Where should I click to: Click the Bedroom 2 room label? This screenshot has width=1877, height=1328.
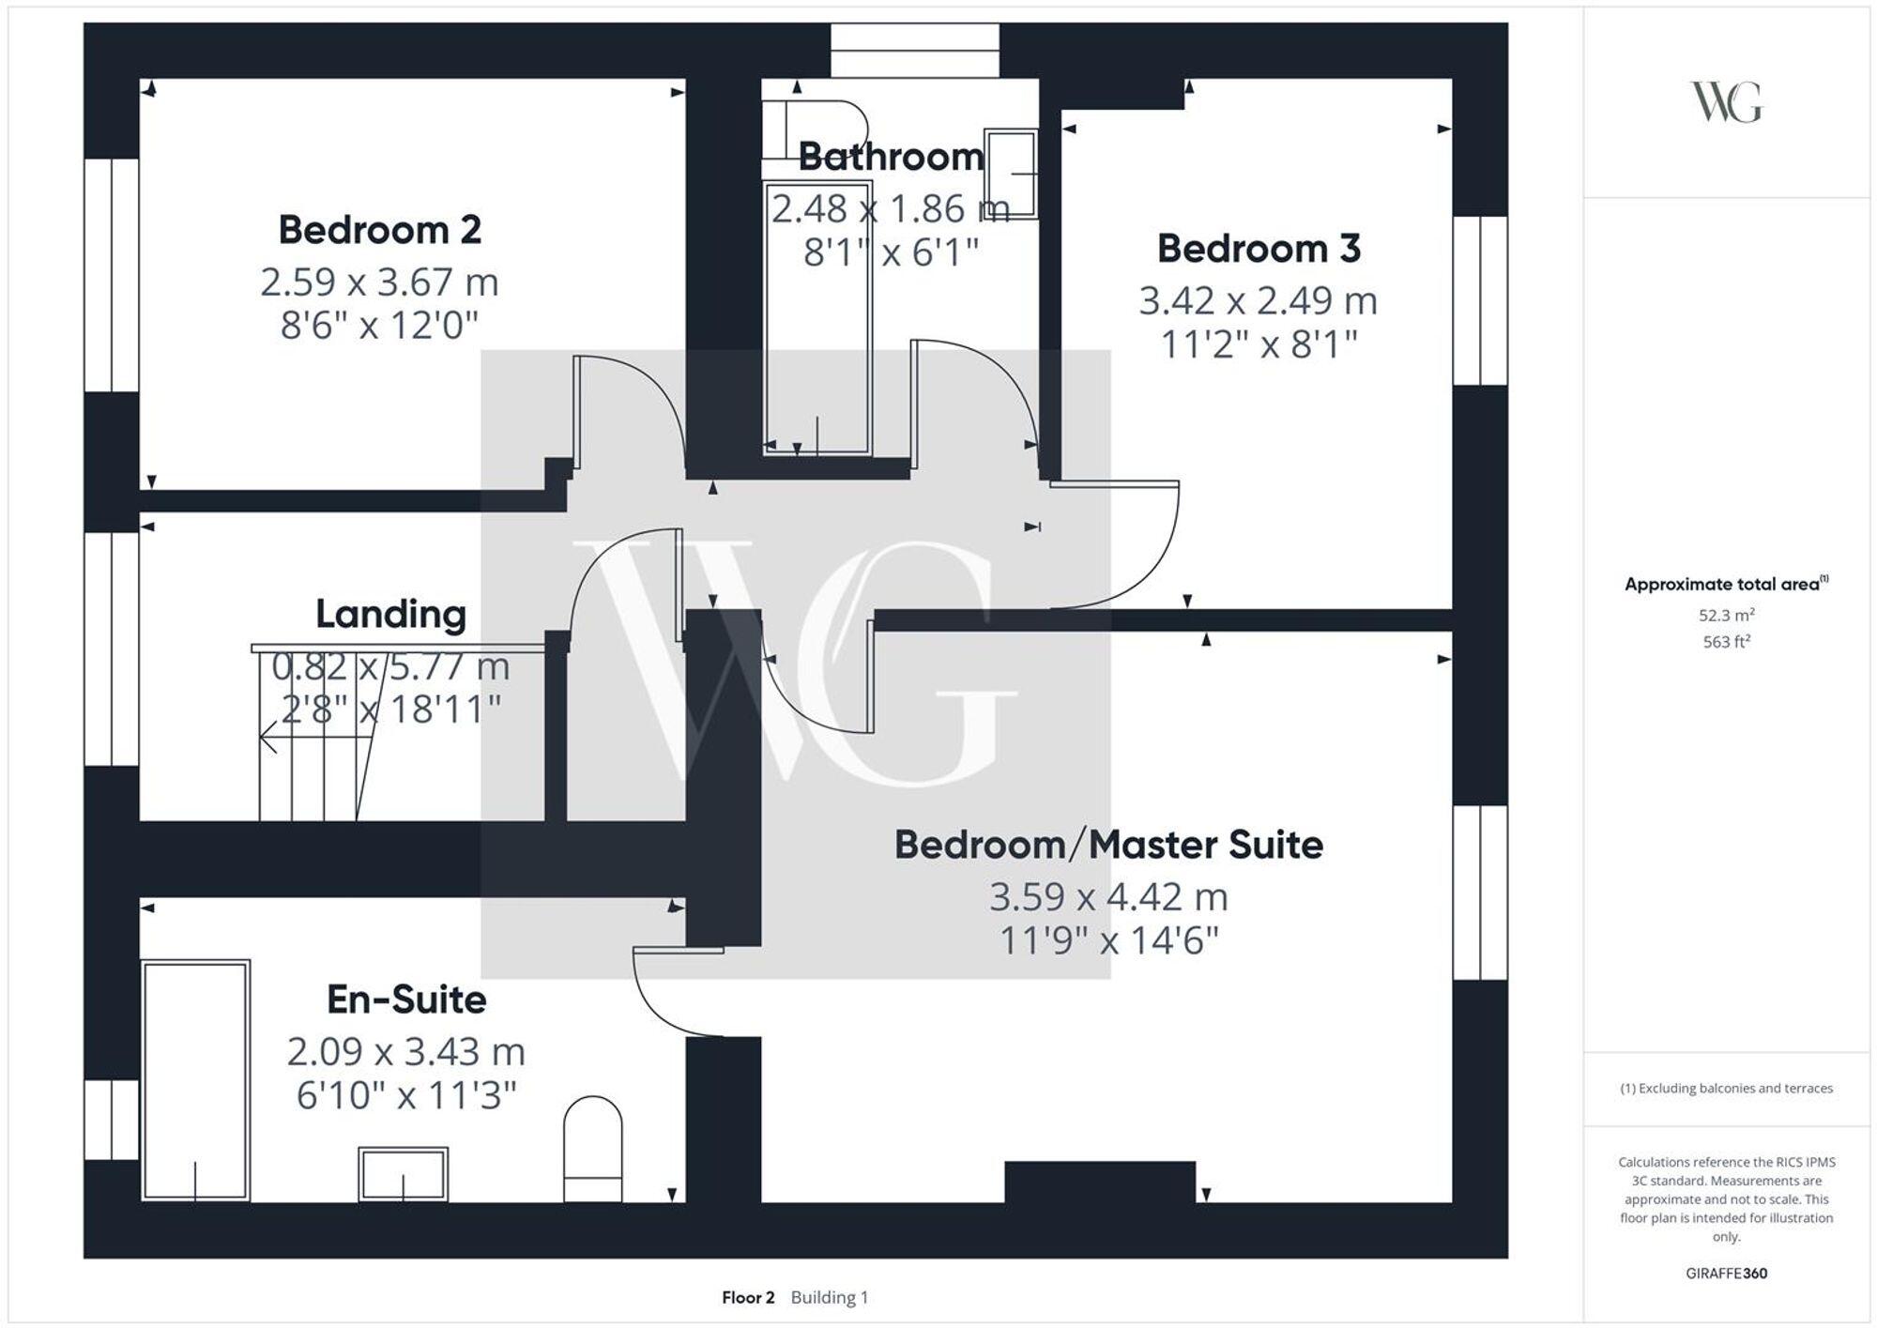(x=379, y=230)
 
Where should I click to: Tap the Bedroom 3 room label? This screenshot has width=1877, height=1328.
(x=1258, y=249)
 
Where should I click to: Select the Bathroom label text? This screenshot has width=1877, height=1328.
(x=890, y=157)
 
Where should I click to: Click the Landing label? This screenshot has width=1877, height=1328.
(x=390, y=614)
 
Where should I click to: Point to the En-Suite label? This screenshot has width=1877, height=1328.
(x=406, y=1000)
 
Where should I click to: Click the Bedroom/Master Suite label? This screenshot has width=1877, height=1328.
(x=1107, y=845)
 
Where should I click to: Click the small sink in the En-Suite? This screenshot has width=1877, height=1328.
(x=403, y=1173)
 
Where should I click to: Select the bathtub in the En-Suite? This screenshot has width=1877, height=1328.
(x=195, y=1079)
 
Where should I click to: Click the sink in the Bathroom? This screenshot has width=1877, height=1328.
(x=1011, y=174)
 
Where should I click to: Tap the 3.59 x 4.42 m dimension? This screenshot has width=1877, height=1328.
(x=1107, y=897)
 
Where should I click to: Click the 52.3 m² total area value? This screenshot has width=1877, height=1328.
(x=1725, y=616)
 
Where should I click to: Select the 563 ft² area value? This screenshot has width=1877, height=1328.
(x=1725, y=642)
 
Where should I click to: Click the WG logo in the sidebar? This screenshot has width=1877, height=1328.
(x=1725, y=102)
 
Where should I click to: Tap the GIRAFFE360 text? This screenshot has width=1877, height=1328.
(x=1725, y=1274)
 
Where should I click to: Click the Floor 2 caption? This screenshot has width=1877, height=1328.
(x=748, y=1297)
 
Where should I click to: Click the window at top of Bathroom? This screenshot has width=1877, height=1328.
(x=914, y=51)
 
